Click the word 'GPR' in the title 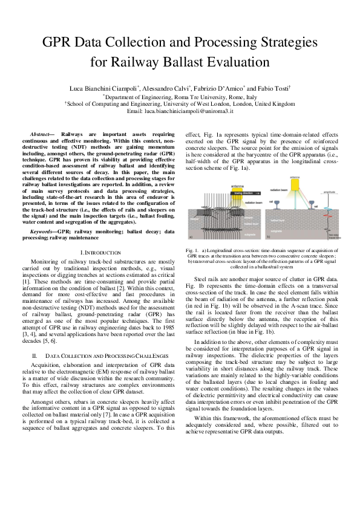[61, 44]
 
